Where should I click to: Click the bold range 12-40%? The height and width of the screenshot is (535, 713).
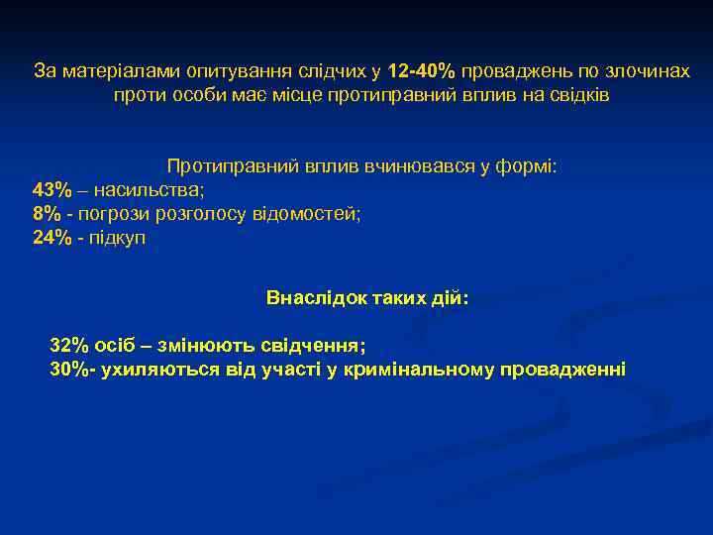point(421,71)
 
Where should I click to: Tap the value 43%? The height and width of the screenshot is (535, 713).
point(52,189)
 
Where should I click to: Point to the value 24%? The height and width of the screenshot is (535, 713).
point(52,239)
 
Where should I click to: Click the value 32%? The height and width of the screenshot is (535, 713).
point(69,346)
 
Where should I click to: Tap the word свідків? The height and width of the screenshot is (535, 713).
point(579,96)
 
